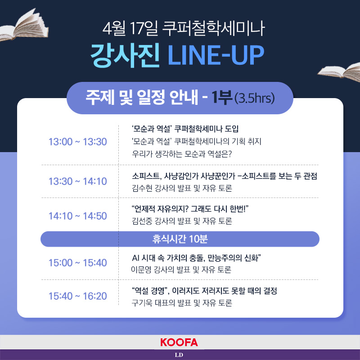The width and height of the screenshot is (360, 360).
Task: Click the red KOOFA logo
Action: tap(179, 342)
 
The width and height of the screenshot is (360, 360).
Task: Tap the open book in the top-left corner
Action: tap(24, 26)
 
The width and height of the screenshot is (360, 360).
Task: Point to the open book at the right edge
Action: tap(339, 72)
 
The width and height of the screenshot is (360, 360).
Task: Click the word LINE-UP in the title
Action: tap(216, 54)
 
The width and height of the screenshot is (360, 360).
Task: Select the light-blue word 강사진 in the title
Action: tap(125, 55)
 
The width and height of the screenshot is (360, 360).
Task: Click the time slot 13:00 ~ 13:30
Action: tap(77, 142)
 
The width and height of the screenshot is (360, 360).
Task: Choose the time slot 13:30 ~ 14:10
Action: tap(77, 181)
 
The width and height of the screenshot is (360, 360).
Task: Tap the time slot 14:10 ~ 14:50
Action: tap(77, 216)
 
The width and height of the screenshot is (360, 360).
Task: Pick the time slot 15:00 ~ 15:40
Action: tap(77, 263)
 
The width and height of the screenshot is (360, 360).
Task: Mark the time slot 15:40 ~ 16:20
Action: tap(77, 296)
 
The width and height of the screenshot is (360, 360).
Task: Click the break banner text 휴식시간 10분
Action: tap(180, 239)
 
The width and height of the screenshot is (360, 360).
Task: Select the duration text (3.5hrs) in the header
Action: tap(254, 98)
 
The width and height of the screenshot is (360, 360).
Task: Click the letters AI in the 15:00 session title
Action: tap(136, 258)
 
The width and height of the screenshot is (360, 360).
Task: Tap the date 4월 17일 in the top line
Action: tap(130, 28)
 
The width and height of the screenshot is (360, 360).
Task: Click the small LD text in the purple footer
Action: tap(179, 355)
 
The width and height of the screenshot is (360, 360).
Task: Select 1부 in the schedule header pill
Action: tap(221, 98)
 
